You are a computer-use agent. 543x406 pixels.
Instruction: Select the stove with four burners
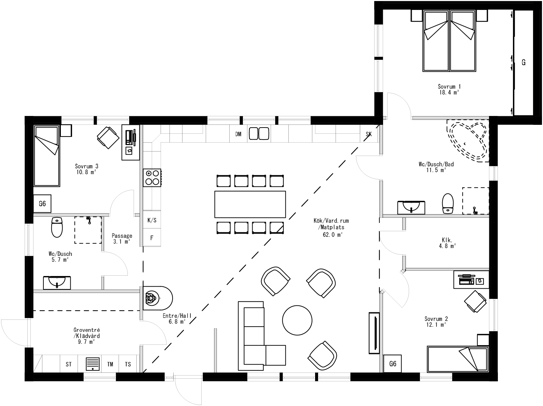point(152,178)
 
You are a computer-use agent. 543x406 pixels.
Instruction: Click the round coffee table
point(297,320)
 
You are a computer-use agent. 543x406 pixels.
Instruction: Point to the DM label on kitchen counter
point(238,134)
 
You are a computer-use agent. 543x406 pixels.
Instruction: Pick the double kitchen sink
point(259,133)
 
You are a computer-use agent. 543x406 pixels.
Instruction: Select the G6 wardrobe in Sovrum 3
point(42,204)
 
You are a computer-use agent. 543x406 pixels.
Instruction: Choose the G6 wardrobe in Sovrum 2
point(392,364)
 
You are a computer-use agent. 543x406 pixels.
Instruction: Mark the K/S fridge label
point(152,220)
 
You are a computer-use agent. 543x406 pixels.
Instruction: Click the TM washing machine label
point(110,364)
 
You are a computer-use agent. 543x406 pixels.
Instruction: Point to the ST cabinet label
point(69,364)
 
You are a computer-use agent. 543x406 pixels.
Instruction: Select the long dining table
point(250,204)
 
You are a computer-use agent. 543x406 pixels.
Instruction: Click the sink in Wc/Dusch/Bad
point(411,207)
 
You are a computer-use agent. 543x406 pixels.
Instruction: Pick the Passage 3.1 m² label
point(122,238)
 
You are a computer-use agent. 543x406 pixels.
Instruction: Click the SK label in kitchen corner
point(368,134)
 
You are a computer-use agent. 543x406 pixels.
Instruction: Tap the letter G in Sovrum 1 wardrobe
point(523,63)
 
